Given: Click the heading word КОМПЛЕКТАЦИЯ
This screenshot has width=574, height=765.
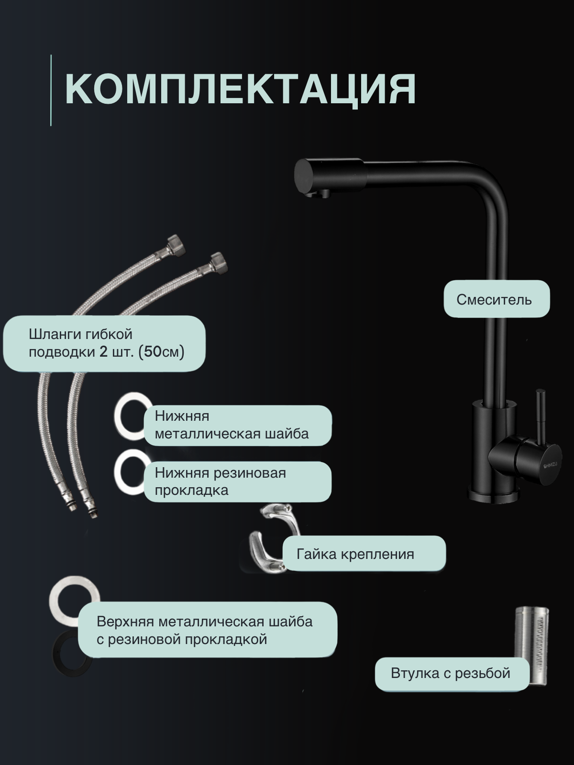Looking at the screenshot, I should point(240,89).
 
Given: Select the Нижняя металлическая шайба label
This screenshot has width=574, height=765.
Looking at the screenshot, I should point(237,425).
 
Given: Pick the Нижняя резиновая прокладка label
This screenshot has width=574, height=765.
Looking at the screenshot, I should point(237,481).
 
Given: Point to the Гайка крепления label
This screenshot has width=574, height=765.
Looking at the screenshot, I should point(364,554).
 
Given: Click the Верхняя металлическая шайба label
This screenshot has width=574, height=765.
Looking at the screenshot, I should point(207,630).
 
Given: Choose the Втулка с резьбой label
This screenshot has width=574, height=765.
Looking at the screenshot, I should point(452,673).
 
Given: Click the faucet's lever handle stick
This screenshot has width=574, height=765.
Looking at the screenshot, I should point(541,411).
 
